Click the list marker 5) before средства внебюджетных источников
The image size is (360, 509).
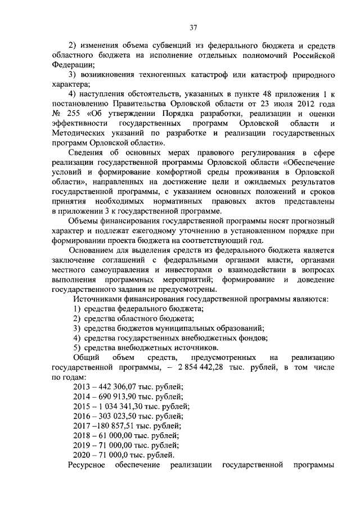coord(77,348)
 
